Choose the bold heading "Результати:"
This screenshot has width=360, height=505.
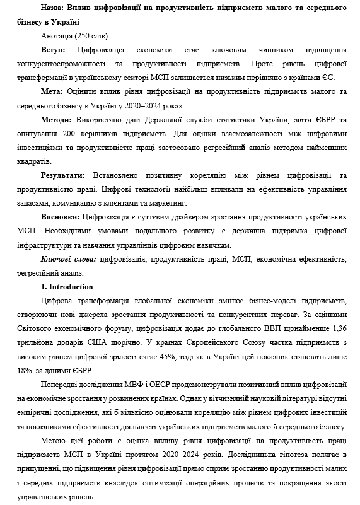pyautogui.click(x=64, y=175)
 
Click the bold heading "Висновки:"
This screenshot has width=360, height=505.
pyautogui.click(x=60, y=216)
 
